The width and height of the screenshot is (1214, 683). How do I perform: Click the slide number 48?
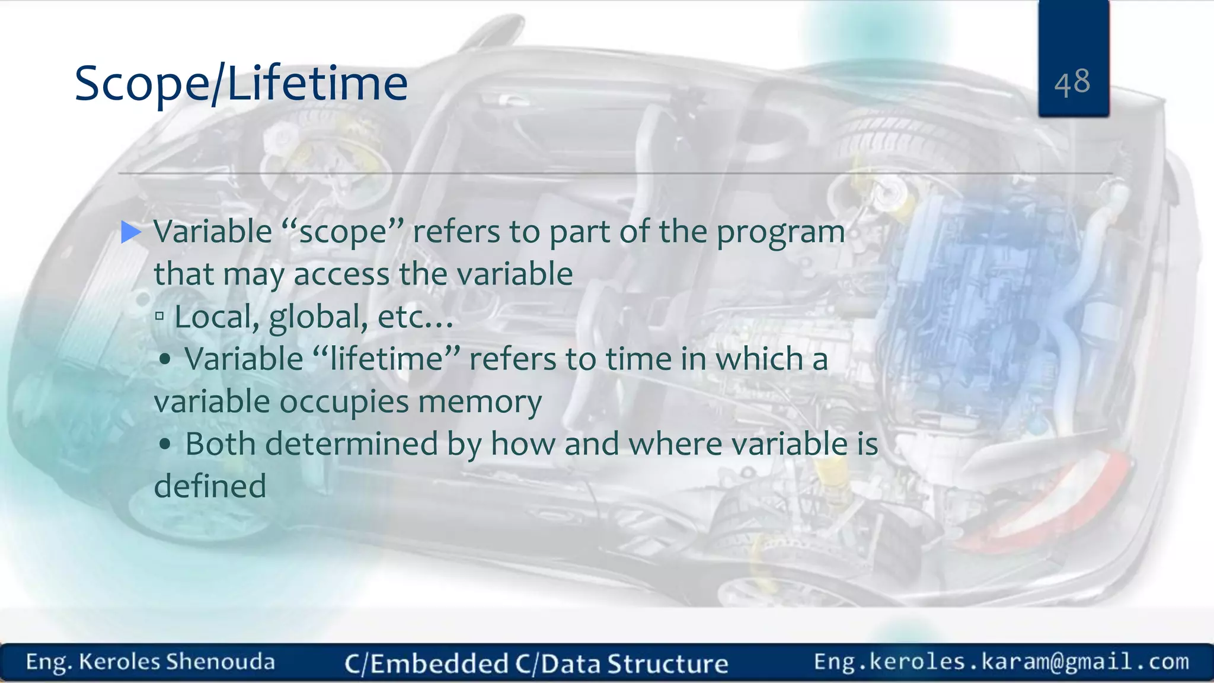click(1072, 82)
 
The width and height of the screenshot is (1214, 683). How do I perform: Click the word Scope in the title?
click(141, 84)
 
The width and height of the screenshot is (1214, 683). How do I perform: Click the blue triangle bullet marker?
click(130, 232)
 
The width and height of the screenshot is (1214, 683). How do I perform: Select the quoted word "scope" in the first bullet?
click(343, 232)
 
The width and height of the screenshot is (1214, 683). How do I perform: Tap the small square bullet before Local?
click(159, 316)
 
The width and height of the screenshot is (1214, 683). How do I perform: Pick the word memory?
click(480, 403)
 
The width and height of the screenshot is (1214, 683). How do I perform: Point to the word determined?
click(351, 444)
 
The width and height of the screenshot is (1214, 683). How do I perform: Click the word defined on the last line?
click(210, 486)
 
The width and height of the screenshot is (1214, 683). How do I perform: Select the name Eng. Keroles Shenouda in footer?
click(150, 662)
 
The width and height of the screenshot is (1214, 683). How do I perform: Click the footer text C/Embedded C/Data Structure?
click(536, 663)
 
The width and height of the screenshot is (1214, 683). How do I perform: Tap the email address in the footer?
click(1001, 661)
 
